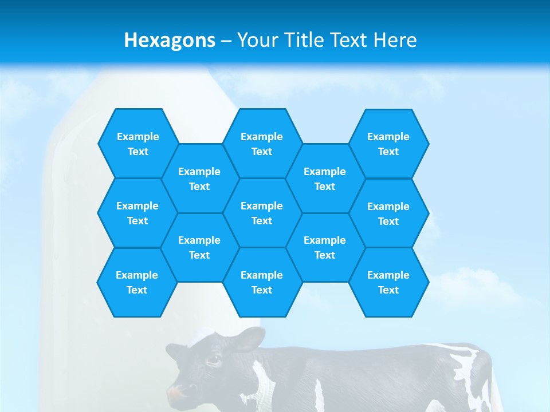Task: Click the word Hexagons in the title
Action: pyautogui.click(x=170, y=40)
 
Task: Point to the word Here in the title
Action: pyautogui.click(x=395, y=40)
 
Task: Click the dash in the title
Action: pyautogui.click(x=226, y=41)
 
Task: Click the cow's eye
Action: pyautogui.click(x=213, y=360)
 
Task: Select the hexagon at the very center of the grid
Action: pyautogui.click(x=262, y=213)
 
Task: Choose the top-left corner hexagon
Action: pyautogui.click(x=138, y=144)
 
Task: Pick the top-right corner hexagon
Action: pyautogui.click(x=388, y=144)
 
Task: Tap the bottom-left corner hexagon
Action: pyautogui.click(x=137, y=282)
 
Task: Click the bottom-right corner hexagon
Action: pyautogui.click(x=388, y=282)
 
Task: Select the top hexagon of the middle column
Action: pyautogui.click(x=262, y=144)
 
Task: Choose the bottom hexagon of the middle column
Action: pyautogui.click(x=262, y=282)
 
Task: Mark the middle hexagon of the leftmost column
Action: pyautogui.click(x=137, y=213)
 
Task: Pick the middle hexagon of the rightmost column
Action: pyautogui.click(x=388, y=213)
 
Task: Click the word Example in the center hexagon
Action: pyautogui.click(x=262, y=206)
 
